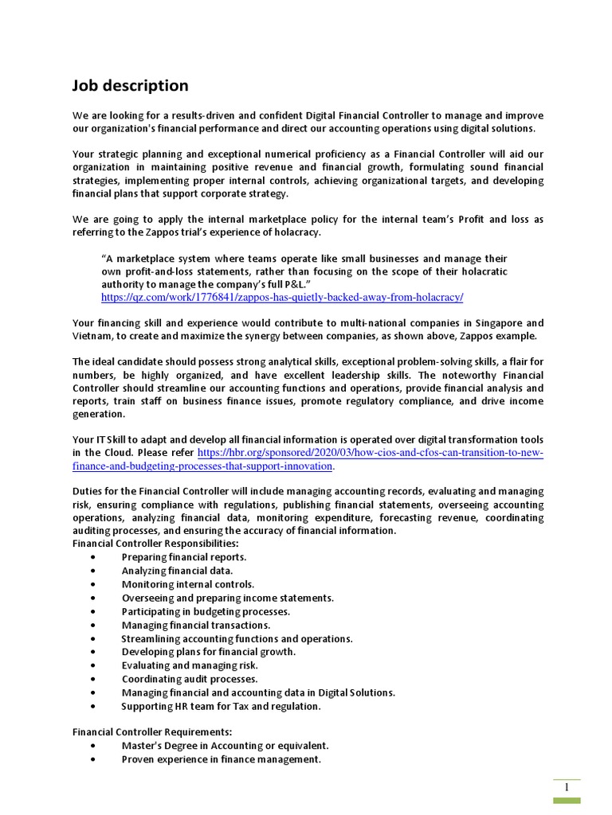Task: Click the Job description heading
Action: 131,86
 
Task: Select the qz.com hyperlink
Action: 281,297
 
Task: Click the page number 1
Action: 567,788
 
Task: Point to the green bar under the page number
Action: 567,801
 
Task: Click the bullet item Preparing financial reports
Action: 184,557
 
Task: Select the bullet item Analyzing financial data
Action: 177,571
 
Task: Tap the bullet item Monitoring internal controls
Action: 188,584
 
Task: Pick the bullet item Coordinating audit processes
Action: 190,679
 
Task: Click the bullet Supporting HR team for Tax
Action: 221,706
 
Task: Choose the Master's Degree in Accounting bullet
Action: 225,746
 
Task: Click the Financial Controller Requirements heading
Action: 152,732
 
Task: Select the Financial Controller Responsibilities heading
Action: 155,544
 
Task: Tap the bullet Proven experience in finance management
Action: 221,759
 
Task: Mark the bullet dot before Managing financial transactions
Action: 94,626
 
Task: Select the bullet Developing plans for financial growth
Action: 208,652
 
